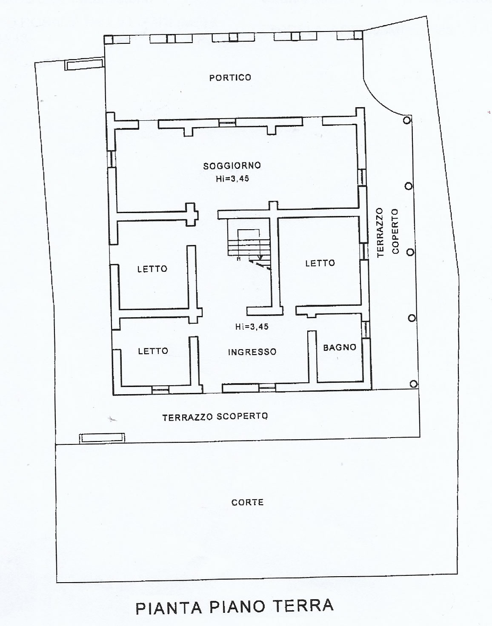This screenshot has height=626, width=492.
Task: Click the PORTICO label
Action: tap(230, 77)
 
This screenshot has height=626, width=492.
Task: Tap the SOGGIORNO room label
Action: tap(232, 166)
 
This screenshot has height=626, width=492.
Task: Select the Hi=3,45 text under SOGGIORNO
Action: tap(232, 179)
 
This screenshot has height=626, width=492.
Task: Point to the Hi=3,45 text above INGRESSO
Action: tap(252, 326)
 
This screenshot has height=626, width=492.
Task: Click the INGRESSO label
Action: tap(252, 351)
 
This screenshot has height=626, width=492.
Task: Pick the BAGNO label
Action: tap(340, 347)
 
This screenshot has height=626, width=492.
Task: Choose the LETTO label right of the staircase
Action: tap(320, 263)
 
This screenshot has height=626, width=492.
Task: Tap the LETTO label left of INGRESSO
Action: tap(153, 351)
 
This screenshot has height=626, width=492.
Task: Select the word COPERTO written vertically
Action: tap(395, 231)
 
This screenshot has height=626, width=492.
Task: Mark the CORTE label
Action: tap(247, 502)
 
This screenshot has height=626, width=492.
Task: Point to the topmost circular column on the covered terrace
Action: tap(407, 120)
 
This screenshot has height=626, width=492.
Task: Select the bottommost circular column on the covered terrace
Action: tap(413, 384)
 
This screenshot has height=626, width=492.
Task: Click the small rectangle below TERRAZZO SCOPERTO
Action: tap(102, 438)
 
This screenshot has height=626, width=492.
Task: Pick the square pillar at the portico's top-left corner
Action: tap(109, 39)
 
